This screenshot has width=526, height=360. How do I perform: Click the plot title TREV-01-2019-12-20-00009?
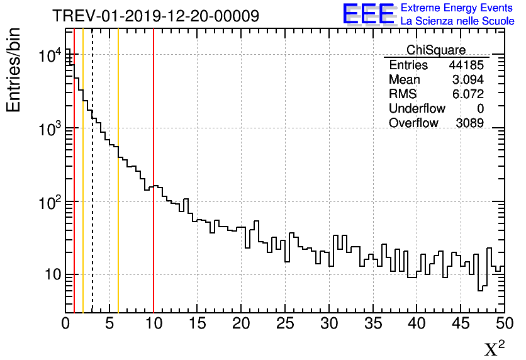155,16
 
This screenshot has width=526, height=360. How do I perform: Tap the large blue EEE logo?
369,14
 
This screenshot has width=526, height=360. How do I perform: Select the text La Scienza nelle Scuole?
457,21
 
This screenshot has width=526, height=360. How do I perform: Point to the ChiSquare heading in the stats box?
435,50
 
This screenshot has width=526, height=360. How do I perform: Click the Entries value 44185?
466,65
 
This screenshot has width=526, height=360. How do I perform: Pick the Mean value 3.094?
467,80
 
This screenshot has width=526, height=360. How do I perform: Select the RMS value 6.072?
467,94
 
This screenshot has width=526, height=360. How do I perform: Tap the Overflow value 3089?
469,123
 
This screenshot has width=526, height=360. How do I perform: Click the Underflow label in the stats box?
417,109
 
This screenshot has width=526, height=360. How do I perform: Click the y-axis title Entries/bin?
13,70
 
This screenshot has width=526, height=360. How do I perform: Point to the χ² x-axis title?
495,348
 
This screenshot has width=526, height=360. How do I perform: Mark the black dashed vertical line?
92,189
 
